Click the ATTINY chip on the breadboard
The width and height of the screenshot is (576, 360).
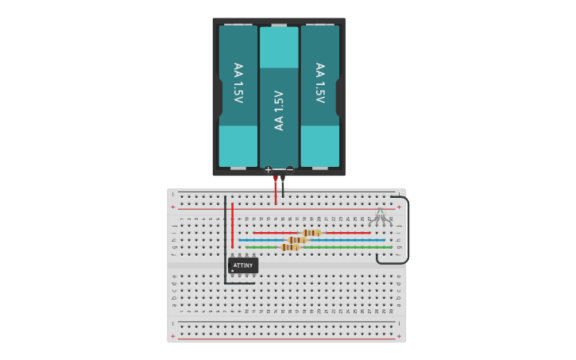242,265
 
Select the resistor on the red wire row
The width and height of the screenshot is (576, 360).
311,233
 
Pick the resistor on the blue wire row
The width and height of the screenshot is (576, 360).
297,240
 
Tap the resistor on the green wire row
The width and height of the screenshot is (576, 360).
290,247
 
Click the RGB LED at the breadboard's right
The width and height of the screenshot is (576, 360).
380,215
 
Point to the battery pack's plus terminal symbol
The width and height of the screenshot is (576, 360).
268,169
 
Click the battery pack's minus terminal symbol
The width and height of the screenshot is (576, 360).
290,169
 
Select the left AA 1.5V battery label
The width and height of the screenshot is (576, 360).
238,83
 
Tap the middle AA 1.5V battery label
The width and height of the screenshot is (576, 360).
279,110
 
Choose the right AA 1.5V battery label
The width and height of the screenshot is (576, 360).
320,83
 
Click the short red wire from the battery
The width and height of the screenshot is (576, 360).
276,191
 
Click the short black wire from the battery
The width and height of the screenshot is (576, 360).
283,188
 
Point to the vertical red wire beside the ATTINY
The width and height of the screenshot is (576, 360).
232,226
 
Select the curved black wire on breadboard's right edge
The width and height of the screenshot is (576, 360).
406,230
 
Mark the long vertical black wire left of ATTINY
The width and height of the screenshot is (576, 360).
225,238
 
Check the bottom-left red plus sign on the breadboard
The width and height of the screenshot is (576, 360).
172,336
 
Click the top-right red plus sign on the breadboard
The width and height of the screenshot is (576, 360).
399,207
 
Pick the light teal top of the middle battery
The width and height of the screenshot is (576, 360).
279,48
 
